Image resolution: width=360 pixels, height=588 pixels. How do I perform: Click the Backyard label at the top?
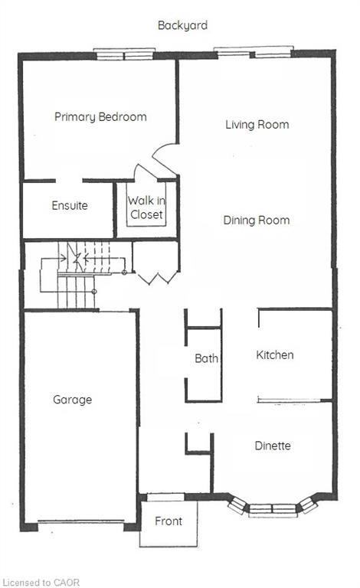[182, 25]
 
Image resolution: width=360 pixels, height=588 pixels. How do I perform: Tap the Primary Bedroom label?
[100, 117]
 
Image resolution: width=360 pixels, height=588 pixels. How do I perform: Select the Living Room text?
[257, 124]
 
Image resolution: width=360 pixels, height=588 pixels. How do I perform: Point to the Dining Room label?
[257, 220]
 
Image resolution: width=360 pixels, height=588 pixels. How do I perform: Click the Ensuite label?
[70, 206]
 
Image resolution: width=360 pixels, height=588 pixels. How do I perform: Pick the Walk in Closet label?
[146, 208]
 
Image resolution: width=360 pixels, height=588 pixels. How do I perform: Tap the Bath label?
[206, 358]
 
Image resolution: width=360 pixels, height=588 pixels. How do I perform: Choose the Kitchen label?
[274, 355]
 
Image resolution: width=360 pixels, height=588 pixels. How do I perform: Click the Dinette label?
[272, 446]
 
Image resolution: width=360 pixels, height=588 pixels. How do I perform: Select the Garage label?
[72, 400]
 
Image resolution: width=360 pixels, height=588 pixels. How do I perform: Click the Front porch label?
[169, 521]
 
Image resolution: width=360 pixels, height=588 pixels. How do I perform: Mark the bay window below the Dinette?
[273, 507]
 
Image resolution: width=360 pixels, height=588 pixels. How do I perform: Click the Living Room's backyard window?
[253, 53]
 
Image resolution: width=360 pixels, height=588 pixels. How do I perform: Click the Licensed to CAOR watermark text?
[41, 583]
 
